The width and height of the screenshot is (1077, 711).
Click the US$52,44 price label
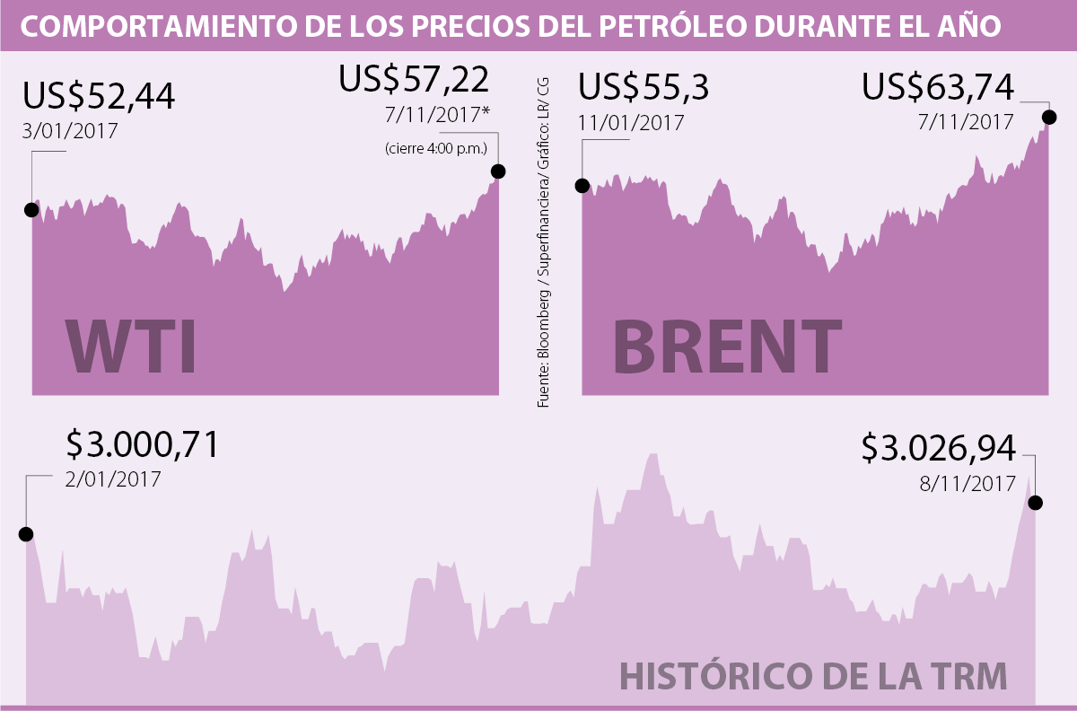(98, 96)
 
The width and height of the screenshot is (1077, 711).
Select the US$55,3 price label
(644, 88)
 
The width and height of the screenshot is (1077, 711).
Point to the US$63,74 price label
(938, 88)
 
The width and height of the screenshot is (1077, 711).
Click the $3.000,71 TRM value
(143, 445)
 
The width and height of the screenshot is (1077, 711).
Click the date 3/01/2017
(70, 130)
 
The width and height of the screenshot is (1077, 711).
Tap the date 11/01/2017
(631, 122)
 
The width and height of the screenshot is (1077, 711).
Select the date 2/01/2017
(113, 478)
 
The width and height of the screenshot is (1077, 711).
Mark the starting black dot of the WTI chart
(31, 210)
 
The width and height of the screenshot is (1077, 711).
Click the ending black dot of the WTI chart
(498, 171)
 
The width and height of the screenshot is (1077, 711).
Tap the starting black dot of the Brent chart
(582, 186)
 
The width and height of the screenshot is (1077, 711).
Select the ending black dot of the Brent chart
(1048, 116)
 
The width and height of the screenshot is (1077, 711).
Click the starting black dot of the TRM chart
(26, 534)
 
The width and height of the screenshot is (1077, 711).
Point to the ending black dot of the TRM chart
(1035, 503)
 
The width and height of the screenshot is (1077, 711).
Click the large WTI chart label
(131, 346)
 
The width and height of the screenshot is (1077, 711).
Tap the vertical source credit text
(544, 242)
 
